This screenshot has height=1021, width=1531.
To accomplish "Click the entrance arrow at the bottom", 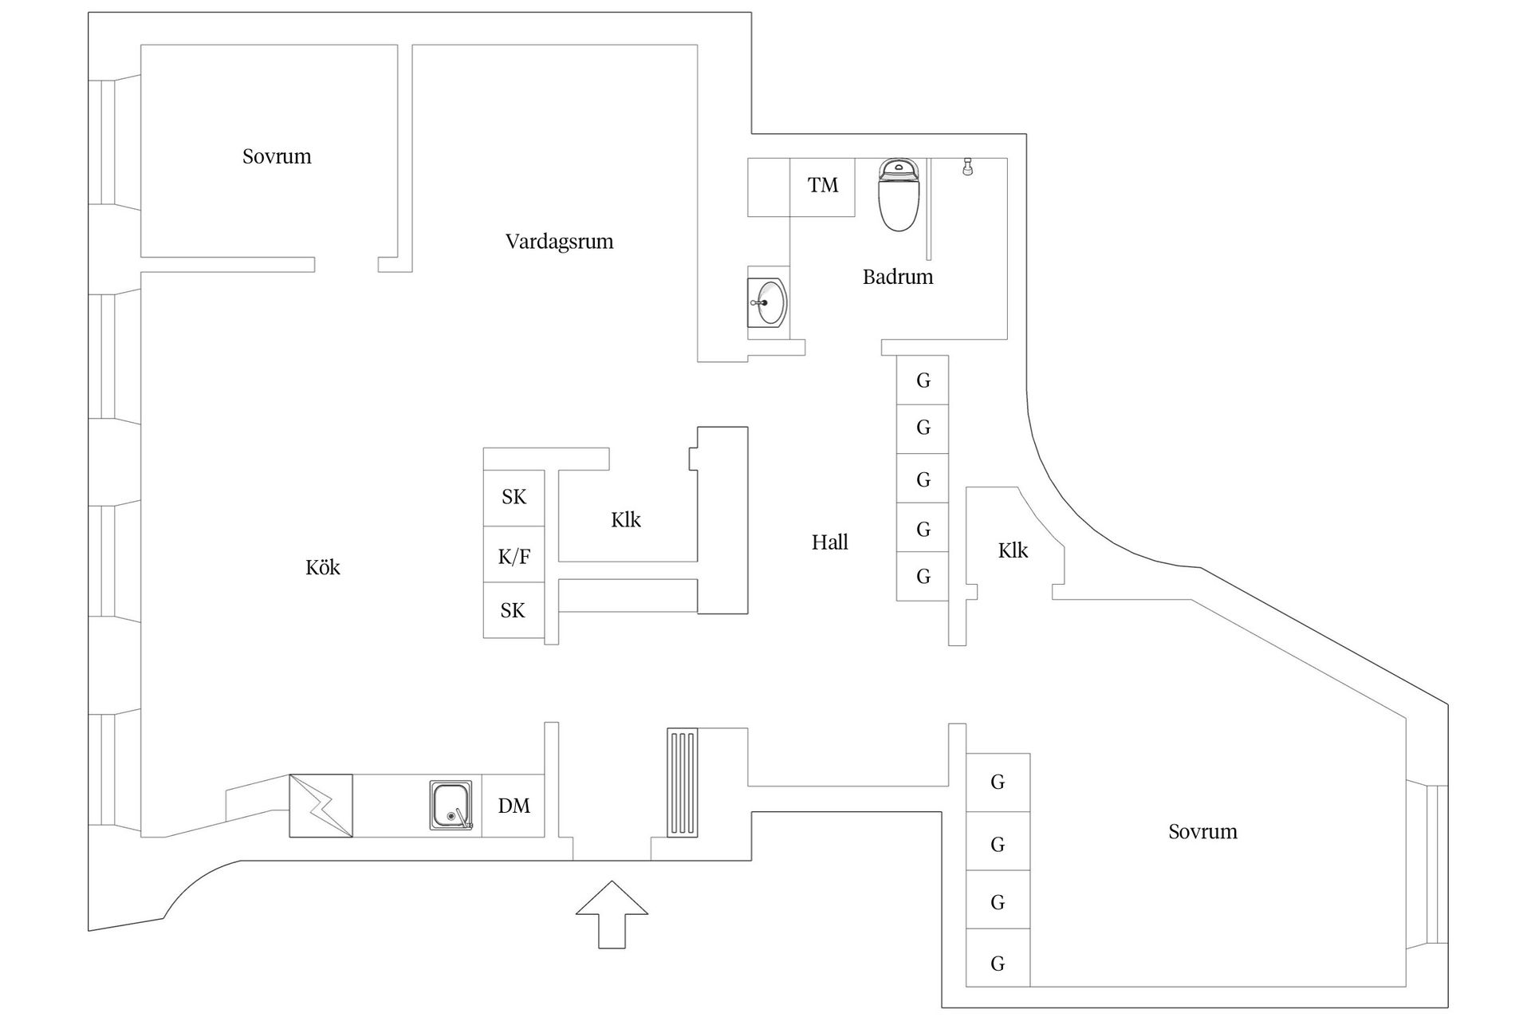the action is click(x=612, y=914).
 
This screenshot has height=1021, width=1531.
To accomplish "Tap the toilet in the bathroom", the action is click(x=899, y=195).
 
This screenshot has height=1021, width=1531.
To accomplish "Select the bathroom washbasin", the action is click(x=768, y=302).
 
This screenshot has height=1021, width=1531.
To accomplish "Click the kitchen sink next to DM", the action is click(x=451, y=806).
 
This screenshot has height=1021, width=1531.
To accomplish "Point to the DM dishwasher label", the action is click(x=514, y=806).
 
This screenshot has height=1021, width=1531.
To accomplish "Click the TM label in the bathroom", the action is click(x=823, y=185).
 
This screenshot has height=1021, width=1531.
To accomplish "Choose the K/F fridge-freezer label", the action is click(x=514, y=556).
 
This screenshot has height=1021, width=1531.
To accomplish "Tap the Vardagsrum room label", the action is click(x=560, y=242).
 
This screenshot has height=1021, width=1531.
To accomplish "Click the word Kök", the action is click(x=323, y=567).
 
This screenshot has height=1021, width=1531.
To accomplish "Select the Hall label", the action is click(x=830, y=542).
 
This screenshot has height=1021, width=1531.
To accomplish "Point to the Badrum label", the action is click(x=898, y=277).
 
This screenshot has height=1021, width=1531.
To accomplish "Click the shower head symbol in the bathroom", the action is click(x=967, y=167).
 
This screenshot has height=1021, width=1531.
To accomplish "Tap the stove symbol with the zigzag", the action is click(x=321, y=806).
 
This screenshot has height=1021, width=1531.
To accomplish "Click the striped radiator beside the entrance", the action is click(x=683, y=783).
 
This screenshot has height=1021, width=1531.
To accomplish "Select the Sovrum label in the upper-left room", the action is click(x=277, y=156).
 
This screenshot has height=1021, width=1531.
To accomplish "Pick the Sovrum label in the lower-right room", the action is click(x=1203, y=832).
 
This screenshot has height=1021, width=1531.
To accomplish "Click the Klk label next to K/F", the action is click(x=626, y=520).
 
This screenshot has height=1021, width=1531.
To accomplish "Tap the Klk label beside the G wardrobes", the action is click(x=1013, y=550).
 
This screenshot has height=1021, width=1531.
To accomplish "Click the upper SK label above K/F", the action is click(x=514, y=497).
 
